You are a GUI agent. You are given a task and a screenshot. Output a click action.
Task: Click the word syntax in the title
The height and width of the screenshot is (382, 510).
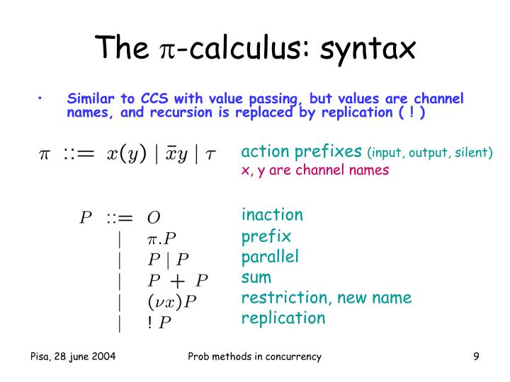[x=368, y=50]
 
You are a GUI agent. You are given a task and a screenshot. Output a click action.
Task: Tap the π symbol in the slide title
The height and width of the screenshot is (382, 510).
[x=168, y=50]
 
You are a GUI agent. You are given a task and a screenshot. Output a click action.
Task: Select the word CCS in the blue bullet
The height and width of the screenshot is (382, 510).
[x=154, y=98]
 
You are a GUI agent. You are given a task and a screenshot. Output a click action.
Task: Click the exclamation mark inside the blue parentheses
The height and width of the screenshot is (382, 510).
[x=412, y=112]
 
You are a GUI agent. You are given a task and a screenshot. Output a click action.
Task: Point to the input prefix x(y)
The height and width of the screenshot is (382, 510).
[x=127, y=154]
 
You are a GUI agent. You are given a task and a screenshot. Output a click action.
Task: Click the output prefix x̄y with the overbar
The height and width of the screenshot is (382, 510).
[x=176, y=154]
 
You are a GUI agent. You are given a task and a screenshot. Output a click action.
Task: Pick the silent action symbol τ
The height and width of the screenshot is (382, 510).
[x=210, y=155]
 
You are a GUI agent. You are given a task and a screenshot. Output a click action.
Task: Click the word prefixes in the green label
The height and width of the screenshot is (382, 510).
[x=328, y=151]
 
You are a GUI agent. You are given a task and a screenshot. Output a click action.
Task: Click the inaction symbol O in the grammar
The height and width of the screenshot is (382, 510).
[x=154, y=218]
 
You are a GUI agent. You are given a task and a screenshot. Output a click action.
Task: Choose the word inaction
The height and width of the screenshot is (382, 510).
[x=272, y=215]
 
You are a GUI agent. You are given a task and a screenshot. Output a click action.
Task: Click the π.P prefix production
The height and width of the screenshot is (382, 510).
[x=161, y=239]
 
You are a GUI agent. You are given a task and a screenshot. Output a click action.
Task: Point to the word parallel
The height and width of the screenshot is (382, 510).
[x=270, y=257]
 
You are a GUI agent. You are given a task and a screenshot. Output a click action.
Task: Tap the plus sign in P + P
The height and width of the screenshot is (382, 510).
[x=178, y=281]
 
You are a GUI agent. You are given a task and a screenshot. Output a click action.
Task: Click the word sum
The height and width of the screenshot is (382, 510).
[x=256, y=278]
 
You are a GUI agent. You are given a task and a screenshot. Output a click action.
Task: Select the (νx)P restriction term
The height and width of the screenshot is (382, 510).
[x=172, y=301]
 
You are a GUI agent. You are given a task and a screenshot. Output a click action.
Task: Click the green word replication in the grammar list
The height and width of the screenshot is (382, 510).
[x=283, y=318]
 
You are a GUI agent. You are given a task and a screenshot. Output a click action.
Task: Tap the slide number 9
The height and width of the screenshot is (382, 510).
[x=476, y=357]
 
